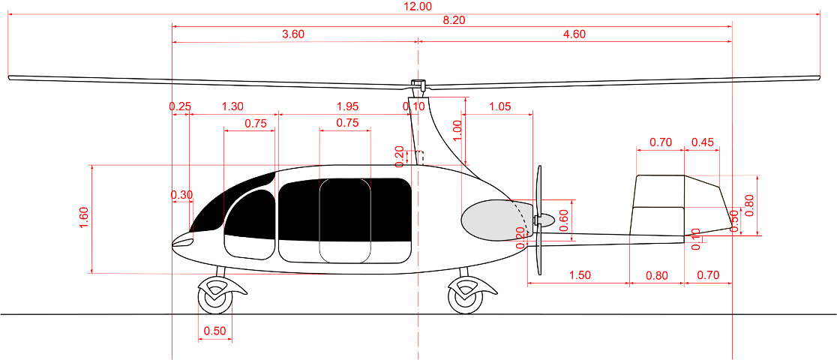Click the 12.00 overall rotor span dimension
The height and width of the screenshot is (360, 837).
coord(418,7)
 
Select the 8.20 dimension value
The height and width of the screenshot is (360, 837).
coord(454,20)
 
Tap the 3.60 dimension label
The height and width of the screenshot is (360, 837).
coord(292,34)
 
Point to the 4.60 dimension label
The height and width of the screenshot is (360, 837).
coord(573,34)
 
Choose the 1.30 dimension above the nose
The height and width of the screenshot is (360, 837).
coord(232,107)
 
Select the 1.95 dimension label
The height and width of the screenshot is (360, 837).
coord(349,107)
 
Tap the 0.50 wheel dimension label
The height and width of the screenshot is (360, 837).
coord(214,331)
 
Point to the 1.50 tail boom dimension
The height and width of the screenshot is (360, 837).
coord(579,275)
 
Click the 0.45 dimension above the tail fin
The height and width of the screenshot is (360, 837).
coord(703,142)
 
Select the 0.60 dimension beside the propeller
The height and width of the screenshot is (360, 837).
coord(563,220)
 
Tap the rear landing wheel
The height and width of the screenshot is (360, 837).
coord(466,297)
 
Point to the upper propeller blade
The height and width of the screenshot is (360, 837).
coord(538,190)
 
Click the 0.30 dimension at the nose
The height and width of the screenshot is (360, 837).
coord(181,195)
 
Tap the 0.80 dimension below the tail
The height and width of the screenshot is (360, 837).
coord(656,275)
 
